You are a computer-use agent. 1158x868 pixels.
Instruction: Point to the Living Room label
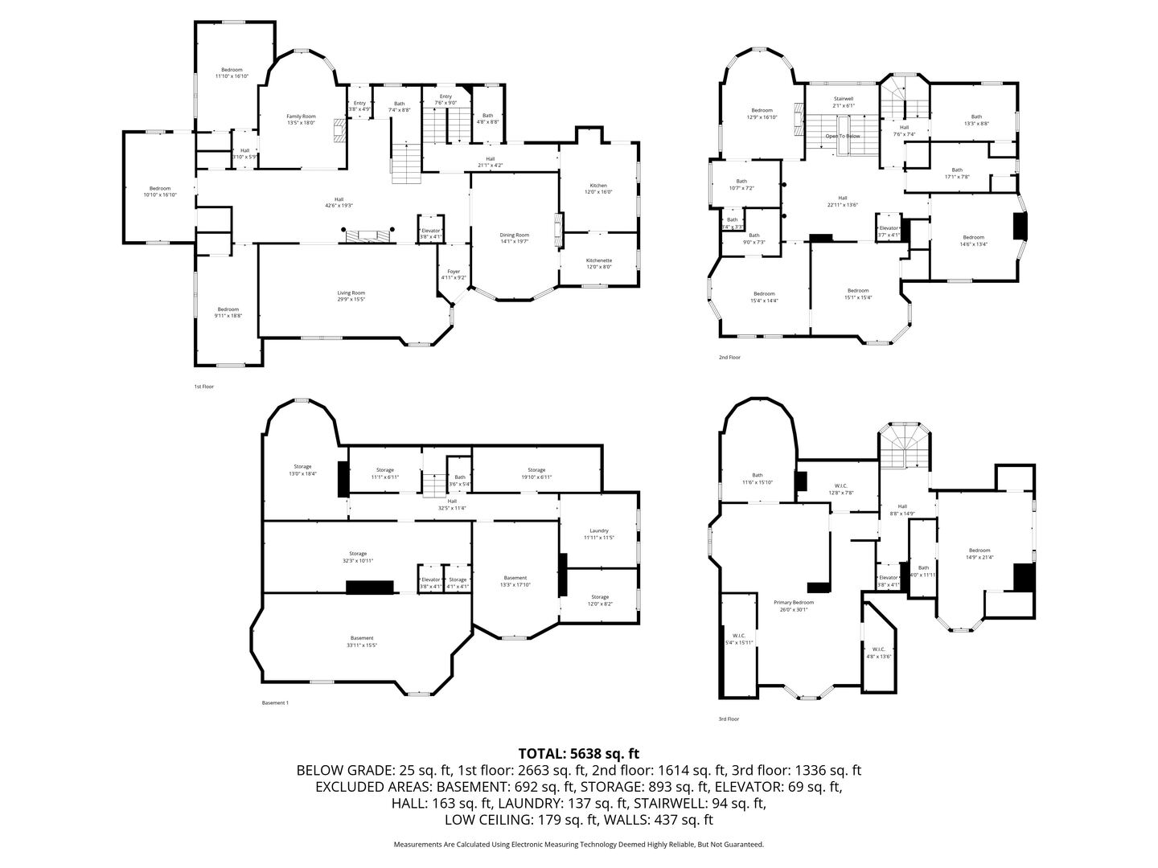click(x=351, y=296)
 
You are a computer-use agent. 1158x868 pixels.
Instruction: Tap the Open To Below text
click(x=842, y=136)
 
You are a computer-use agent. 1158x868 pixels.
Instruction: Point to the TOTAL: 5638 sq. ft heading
click(x=578, y=753)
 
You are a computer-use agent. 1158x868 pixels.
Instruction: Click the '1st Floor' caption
click(x=203, y=387)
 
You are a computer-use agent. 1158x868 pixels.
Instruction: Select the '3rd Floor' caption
click(x=728, y=719)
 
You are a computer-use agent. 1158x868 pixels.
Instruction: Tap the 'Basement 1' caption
click(x=275, y=703)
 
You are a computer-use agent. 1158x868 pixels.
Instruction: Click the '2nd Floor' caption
click(x=729, y=357)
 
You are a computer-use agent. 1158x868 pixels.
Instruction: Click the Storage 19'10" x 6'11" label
click(x=536, y=473)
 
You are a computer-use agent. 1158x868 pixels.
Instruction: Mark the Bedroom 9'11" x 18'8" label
click(x=228, y=313)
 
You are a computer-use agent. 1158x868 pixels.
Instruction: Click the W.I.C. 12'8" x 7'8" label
click(x=840, y=489)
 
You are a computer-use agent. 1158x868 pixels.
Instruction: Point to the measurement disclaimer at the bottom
click(x=578, y=845)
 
